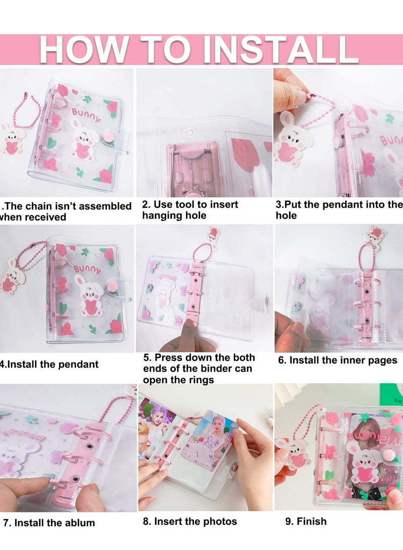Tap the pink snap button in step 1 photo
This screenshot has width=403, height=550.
point(108,137)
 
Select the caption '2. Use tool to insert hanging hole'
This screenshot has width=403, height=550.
point(190,210)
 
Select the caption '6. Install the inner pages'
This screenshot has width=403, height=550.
point(338,360)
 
